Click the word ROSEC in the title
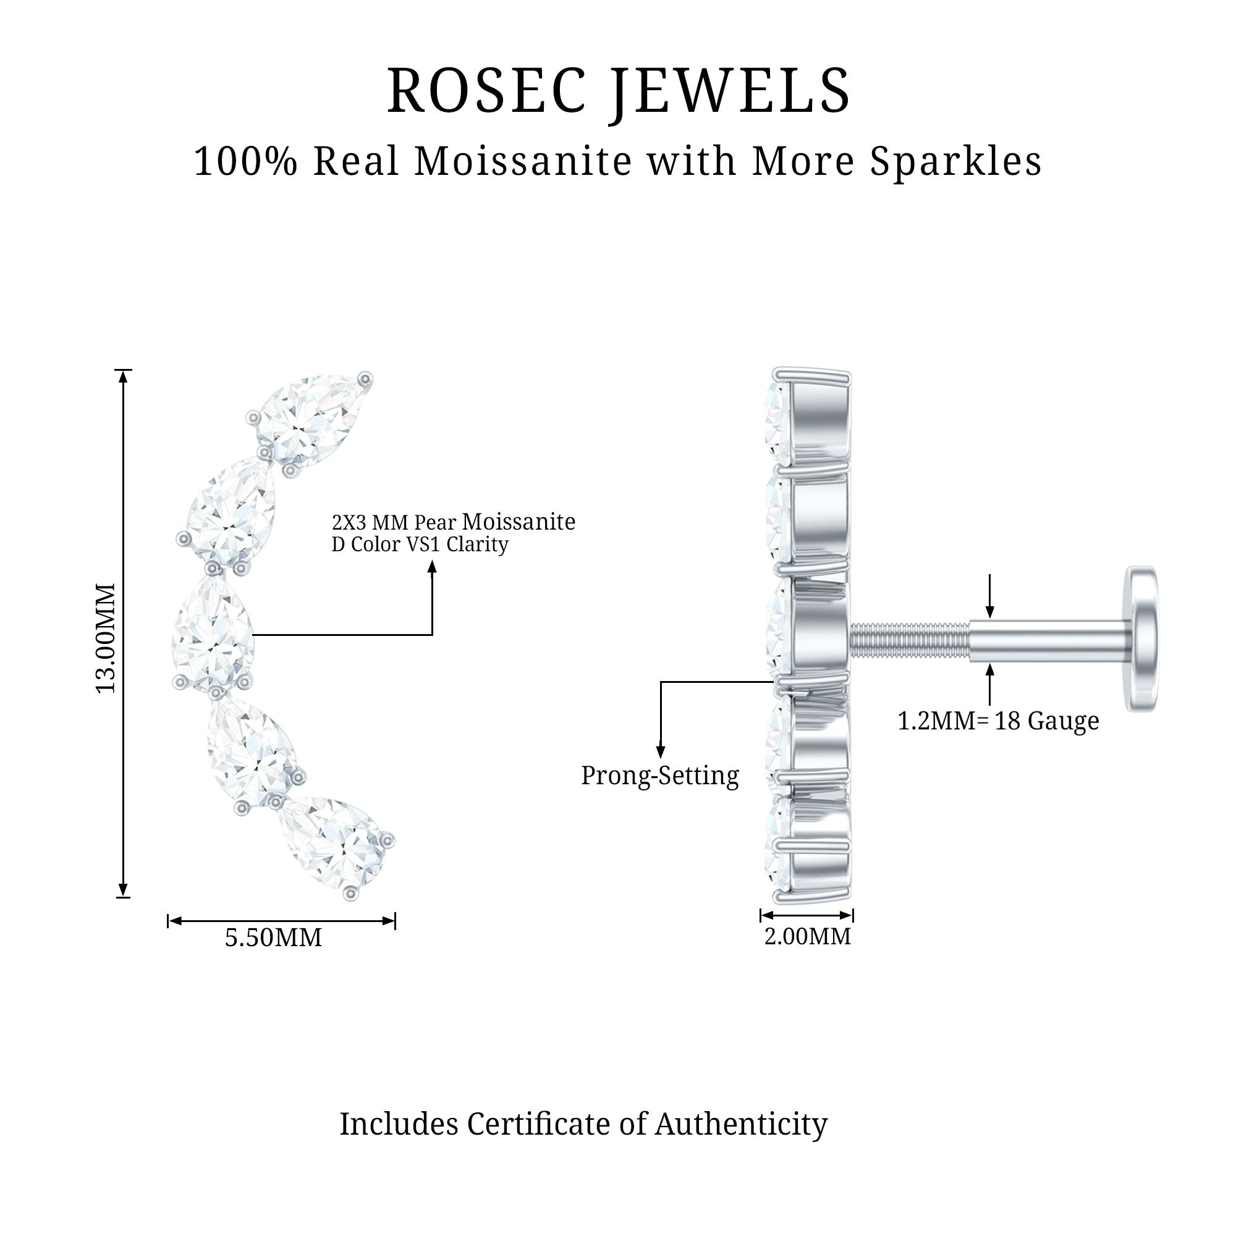coord(486,91)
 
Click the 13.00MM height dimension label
coord(106,637)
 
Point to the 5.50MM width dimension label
coord(273,938)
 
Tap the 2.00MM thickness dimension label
coord(807,937)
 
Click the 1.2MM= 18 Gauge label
coord(998,721)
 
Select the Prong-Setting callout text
coord(659,776)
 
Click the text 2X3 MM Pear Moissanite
coord(453,522)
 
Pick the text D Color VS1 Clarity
coord(420,544)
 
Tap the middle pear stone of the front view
coord(213,636)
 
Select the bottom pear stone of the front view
coord(337,843)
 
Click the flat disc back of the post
coord(1142,638)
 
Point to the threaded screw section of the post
coord(908,642)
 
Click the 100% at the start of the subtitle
coord(246,161)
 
